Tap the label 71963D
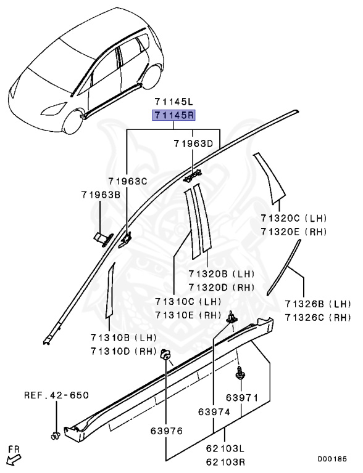193,144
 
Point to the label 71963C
128,181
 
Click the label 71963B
101,195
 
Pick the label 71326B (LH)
317,304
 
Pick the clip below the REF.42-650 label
54,437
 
